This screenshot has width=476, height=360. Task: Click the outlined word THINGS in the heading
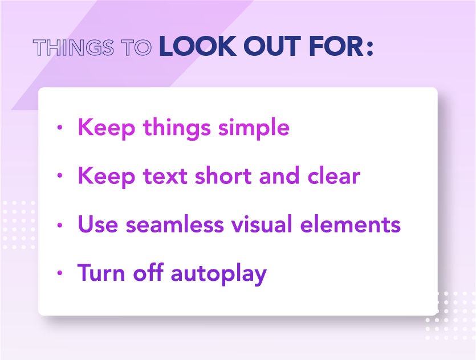coord(74,48)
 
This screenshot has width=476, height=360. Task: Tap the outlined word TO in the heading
coord(136,48)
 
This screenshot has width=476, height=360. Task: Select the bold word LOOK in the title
coord(198,46)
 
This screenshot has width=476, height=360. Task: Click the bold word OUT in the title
coord(272,46)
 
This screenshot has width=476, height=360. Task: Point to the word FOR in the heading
coord(336,46)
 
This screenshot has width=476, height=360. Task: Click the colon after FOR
coord(370,48)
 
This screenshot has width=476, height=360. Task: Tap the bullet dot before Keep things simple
coord(60,128)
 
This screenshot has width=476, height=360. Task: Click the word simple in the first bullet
coord(254,128)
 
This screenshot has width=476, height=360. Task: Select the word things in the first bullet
coord(177,128)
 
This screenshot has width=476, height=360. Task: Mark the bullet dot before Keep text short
coord(60,175)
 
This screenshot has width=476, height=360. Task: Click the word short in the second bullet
coord(223,175)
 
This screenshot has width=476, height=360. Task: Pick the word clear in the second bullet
coord(334,175)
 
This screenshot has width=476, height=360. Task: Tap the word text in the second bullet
coord(165,176)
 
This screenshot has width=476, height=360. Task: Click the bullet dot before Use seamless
coord(60,225)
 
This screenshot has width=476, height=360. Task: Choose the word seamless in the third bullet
coord(175,224)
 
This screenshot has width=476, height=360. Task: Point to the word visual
coord(262,224)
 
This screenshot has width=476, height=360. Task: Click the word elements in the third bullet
coord(351,224)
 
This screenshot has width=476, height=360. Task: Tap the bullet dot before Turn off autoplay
coord(60,273)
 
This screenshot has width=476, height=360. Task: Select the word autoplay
coord(219,274)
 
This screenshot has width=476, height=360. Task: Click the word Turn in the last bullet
coord(101,272)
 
